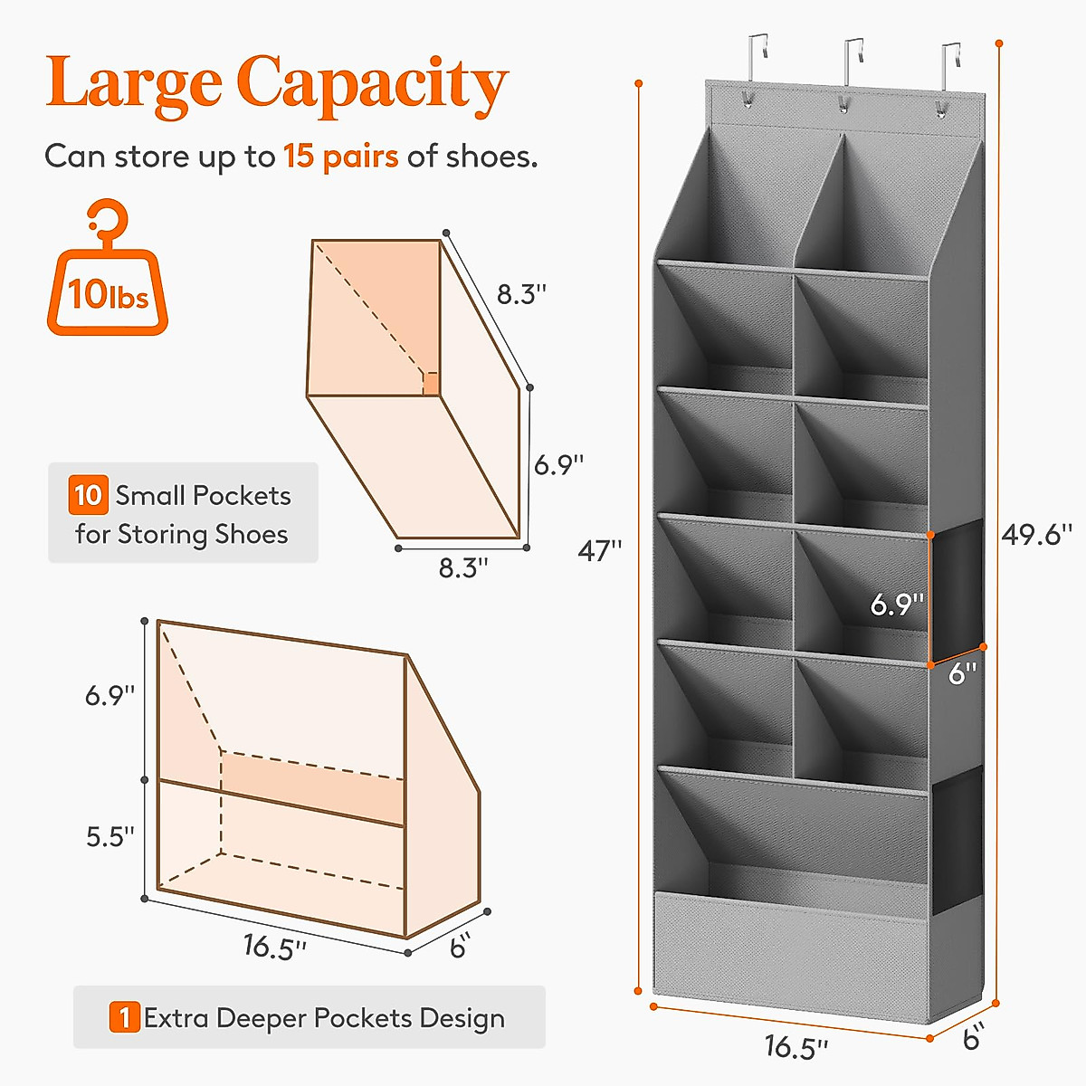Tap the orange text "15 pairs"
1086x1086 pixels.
341,157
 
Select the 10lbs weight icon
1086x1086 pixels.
108,271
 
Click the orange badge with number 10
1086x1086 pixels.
88,495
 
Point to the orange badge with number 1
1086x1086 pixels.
124,1017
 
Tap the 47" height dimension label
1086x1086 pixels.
600,550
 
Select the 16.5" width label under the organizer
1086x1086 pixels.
795,1046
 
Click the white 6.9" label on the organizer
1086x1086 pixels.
897,605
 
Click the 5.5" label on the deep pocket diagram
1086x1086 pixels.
110,836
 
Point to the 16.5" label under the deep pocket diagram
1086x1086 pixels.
274,948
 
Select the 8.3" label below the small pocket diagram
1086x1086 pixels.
463,568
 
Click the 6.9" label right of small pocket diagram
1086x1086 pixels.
558,465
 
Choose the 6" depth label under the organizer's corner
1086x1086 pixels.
972,1038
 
